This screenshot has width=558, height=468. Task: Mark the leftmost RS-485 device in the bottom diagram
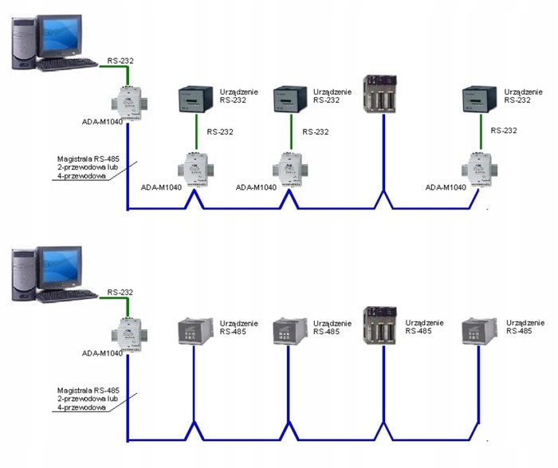coord(195,332)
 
